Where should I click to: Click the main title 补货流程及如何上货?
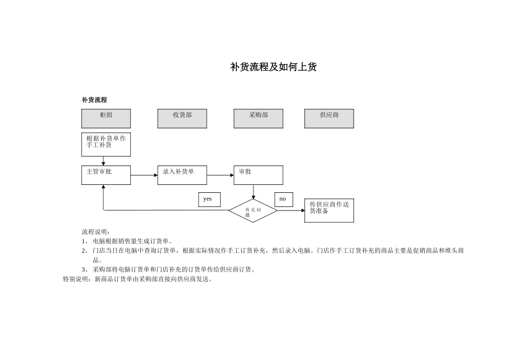click(273, 67)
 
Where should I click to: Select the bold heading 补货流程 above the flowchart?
click(94, 100)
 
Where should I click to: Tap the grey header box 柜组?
click(106, 118)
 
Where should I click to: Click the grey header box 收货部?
click(182, 118)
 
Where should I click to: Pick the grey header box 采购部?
click(258, 118)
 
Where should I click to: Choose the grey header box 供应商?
click(329, 118)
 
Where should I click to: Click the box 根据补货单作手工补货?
click(106, 145)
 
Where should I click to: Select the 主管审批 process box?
click(106, 175)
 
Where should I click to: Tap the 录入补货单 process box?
click(182, 175)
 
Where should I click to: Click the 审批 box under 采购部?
click(258, 175)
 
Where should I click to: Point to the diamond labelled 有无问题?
click(253, 211)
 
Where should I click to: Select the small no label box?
click(283, 199)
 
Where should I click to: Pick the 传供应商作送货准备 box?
click(329, 211)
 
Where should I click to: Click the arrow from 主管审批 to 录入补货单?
click(144, 175)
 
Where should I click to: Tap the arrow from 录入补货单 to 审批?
click(220, 175)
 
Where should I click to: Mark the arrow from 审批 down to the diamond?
click(253, 192)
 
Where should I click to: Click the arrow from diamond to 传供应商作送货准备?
click(291, 211)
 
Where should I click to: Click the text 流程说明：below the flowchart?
click(96, 232)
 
